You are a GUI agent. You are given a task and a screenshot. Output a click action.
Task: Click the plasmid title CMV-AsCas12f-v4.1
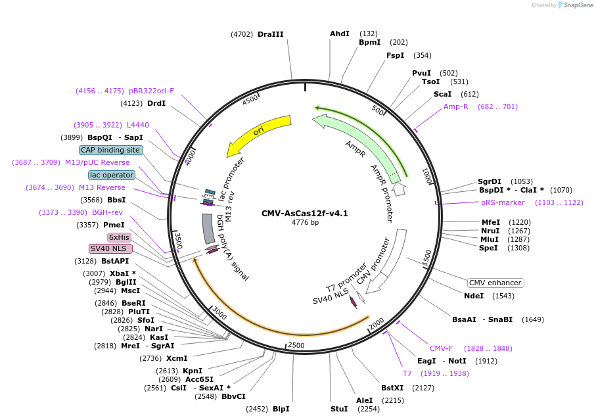pyautogui.click(x=304, y=213)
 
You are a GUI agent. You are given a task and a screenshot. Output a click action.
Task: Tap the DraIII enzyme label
pyautogui.click(x=271, y=34)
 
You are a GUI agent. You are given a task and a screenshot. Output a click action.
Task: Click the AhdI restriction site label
pyautogui.click(x=340, y=34)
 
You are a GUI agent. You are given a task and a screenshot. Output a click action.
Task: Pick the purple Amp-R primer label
pyautogui.click(x=456, y=106)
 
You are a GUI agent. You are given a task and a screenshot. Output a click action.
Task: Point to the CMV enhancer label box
pyautogui.click(x=495, y=283)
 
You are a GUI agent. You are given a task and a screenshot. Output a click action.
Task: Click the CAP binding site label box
pyautogui.click(x=110, y=150)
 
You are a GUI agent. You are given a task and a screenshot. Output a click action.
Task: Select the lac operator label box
pyautogui.click(x=112, y=175)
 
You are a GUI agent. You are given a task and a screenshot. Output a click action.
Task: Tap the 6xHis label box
pyautogui.click(x=120, y=237)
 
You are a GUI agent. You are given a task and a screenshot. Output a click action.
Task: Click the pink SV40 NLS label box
pyautogui.click(x=110, y=248)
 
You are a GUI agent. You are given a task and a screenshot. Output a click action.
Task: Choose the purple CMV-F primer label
pyautogui.click(x=442, y=348)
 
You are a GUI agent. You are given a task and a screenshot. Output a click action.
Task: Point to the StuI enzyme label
pyautogui.click(x=339, y=409)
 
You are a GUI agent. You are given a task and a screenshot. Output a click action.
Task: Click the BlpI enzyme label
pyautogui.click(x=281, y=409)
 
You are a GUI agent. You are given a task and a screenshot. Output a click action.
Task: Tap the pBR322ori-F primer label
pyautogui.click(x=152, y=91)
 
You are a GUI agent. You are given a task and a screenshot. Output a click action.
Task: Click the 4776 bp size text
pyautogui.click(x=305, y=222)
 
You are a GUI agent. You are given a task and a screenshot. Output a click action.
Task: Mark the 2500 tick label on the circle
pyautogui.click(x=296, y=345)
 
